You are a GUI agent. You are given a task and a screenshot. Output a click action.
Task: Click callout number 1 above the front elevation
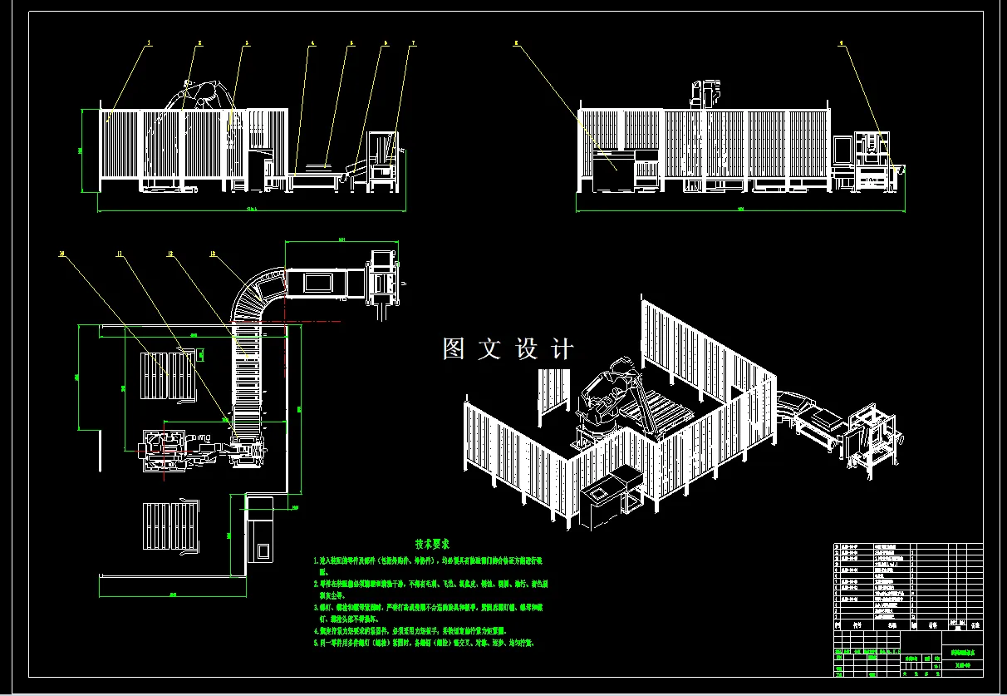click(x=150, y=41)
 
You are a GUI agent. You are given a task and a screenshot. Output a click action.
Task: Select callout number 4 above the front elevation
click(x=312, y=42)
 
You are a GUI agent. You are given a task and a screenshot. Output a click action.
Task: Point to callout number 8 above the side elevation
click(x=517, y=41)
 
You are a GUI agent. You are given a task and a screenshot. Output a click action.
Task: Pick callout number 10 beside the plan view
click(x=61, y=254)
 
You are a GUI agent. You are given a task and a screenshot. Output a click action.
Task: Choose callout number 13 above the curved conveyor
click(x=214, y=254)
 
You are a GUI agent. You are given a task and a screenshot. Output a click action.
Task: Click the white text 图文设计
click(x=508, y=349)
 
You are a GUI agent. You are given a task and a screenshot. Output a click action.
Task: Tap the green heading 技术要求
click(x=432, y=544)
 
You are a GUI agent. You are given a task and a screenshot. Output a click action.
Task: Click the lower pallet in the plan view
click(x=169, y=526)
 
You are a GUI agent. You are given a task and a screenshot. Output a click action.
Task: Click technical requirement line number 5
click(x=424, y=643)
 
